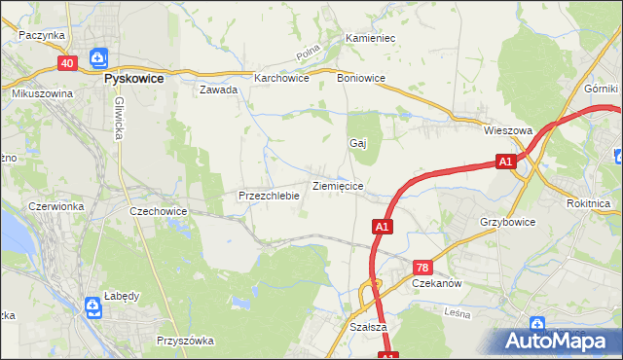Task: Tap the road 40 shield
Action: (66, 63)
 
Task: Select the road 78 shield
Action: (422, 267)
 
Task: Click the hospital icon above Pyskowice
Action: (97, 58)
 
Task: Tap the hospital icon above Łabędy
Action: (92, 308)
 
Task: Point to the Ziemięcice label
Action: (338, 185)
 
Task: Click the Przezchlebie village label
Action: (269, 196)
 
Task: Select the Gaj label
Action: (357, 143)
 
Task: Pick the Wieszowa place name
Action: (508, 129)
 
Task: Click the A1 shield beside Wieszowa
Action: (504, 162)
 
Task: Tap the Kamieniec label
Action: (370, 38)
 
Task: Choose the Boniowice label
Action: (360, 78)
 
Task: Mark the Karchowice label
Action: (281, 78)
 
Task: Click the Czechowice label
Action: (158, 210)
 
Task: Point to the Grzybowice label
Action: (507, 222)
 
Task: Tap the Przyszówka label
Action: (185, 341)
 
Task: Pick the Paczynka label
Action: (41, 35)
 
